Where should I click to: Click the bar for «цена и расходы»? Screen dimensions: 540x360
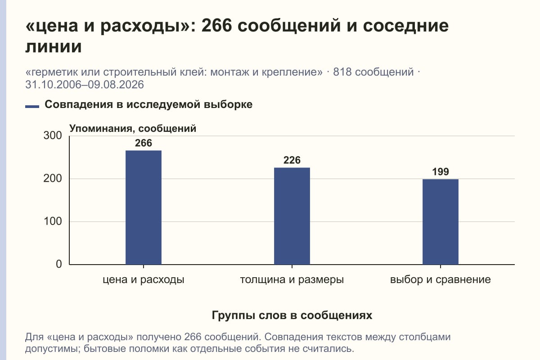[144, 207]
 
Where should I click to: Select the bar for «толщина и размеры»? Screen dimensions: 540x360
[292, 216]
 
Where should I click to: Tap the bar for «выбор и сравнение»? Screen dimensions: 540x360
[441, 222]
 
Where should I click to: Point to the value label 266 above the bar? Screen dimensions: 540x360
[144, 143]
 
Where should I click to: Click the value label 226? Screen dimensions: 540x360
[292, 160]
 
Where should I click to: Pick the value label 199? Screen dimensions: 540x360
[441, 172]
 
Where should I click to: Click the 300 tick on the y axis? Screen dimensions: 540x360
[53, 135]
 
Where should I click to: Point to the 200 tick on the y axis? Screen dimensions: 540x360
[53, 179]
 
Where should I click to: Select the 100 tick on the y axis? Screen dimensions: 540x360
[53, 221]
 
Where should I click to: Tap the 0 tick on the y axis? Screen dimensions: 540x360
[59, 264]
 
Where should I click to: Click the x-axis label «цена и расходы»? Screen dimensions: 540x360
[144, 280]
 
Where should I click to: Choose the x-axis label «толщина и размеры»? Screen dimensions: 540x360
[292, 280]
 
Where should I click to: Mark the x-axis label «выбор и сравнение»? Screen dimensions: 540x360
[441, 280]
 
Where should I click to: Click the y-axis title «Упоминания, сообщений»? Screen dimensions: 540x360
[133, 129]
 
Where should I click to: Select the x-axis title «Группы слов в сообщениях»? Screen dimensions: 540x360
[292, 315]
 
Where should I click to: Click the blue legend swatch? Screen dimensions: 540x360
[32, 106]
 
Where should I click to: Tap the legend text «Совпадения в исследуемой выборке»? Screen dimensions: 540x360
[148, 104]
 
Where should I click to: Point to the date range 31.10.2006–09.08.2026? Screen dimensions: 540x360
[85, 85]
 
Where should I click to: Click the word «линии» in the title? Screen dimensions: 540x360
[54, 47]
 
